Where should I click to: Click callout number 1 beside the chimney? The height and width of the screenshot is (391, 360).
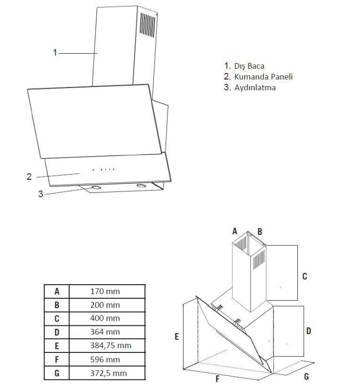55,52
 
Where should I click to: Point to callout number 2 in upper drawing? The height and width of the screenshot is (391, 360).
29,176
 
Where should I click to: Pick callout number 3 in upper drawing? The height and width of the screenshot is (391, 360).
40,194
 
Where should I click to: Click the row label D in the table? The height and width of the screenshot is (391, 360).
57,332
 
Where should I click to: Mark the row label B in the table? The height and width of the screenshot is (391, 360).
57,304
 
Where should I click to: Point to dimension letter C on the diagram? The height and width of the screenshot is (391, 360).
305,276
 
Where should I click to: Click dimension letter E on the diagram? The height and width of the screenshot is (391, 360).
177,337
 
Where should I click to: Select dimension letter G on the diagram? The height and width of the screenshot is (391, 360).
307,376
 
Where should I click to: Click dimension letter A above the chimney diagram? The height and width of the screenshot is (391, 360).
235,231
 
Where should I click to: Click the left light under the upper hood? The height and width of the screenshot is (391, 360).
96,187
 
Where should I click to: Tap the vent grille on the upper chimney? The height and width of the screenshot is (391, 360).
148,26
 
